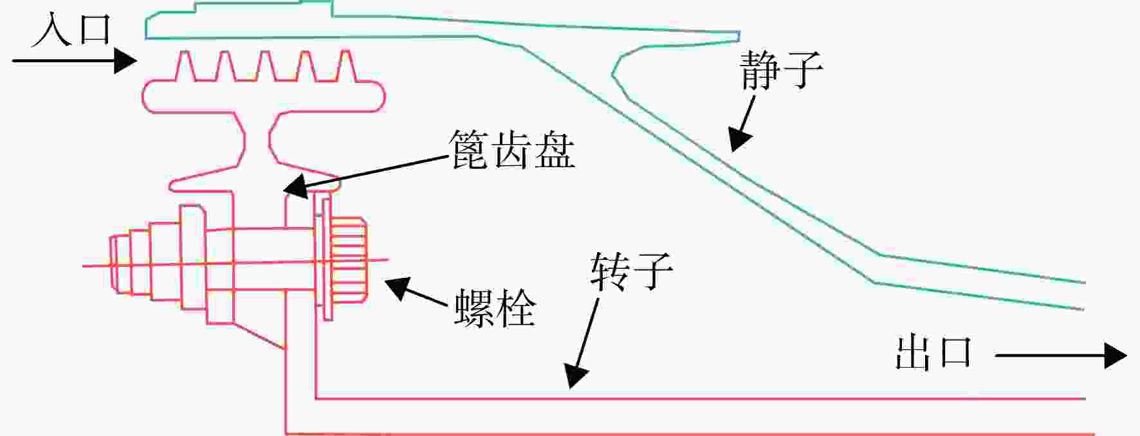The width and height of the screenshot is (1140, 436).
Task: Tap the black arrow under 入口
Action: coord(75,61)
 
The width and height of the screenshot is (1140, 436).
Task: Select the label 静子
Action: coord(781,69)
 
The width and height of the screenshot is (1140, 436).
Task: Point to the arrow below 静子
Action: coord(742,124)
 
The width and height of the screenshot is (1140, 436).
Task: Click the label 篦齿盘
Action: coord(511,150)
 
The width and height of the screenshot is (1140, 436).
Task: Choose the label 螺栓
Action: coord(495,308)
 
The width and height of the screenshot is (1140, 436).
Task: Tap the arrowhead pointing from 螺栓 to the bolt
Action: coord(398,287)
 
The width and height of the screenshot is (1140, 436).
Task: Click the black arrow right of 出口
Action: coord(1061,356)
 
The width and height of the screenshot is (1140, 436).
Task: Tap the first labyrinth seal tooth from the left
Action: coord(185,66)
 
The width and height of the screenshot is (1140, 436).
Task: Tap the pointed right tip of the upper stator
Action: coord(737,36)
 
